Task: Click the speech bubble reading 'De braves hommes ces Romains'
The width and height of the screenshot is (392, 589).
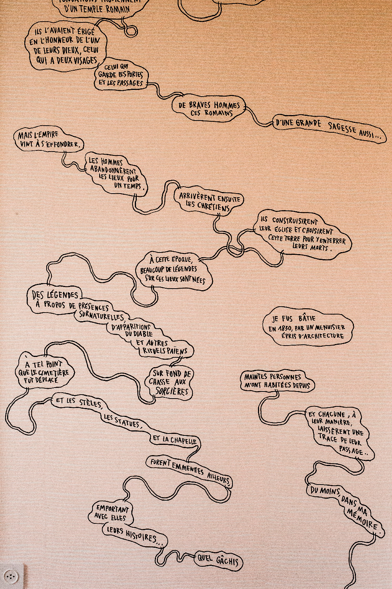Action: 209,109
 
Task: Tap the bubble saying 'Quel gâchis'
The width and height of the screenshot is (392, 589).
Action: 218,560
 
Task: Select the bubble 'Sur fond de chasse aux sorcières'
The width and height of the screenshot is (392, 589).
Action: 171,382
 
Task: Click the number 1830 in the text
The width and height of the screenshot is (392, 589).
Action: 285,328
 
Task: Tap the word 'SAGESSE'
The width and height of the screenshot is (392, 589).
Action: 342,128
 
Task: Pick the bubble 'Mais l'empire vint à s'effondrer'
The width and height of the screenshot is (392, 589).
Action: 49,140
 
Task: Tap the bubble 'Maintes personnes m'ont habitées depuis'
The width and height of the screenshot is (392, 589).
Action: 277,381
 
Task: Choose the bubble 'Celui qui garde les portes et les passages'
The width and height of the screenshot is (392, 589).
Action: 121,75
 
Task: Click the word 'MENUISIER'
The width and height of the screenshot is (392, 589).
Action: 330,327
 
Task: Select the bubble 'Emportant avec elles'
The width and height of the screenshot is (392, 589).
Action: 111,513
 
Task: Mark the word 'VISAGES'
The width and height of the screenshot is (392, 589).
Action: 85,60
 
